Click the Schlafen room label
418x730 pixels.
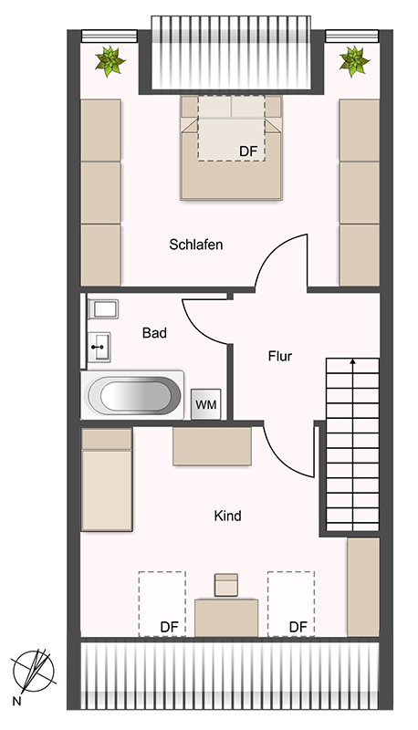pos(195,245)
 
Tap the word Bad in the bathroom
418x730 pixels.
pos(154,333)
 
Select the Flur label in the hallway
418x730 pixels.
pos(280,356)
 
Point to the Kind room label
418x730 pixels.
pos(227,516)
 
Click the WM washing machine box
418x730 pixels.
pos(205,404)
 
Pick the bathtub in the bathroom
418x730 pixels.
pos(133,395)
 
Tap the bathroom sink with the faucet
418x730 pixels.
pos(99,347)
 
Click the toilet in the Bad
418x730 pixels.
pos(103,309)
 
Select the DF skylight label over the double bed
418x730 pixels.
pos(248,151)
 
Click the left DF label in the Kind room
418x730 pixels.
pos(169,627)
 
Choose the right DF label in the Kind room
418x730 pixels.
pos(298,627)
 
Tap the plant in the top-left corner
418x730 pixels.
pos(110,61)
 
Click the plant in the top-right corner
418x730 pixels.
pos(355,61)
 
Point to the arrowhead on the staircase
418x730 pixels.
pos(353,360)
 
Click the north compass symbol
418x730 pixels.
pos(34,671)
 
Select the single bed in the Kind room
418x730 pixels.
pos(107,480)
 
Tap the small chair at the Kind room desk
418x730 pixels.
pos(226,585)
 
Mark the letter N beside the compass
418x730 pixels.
pos(16,701)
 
